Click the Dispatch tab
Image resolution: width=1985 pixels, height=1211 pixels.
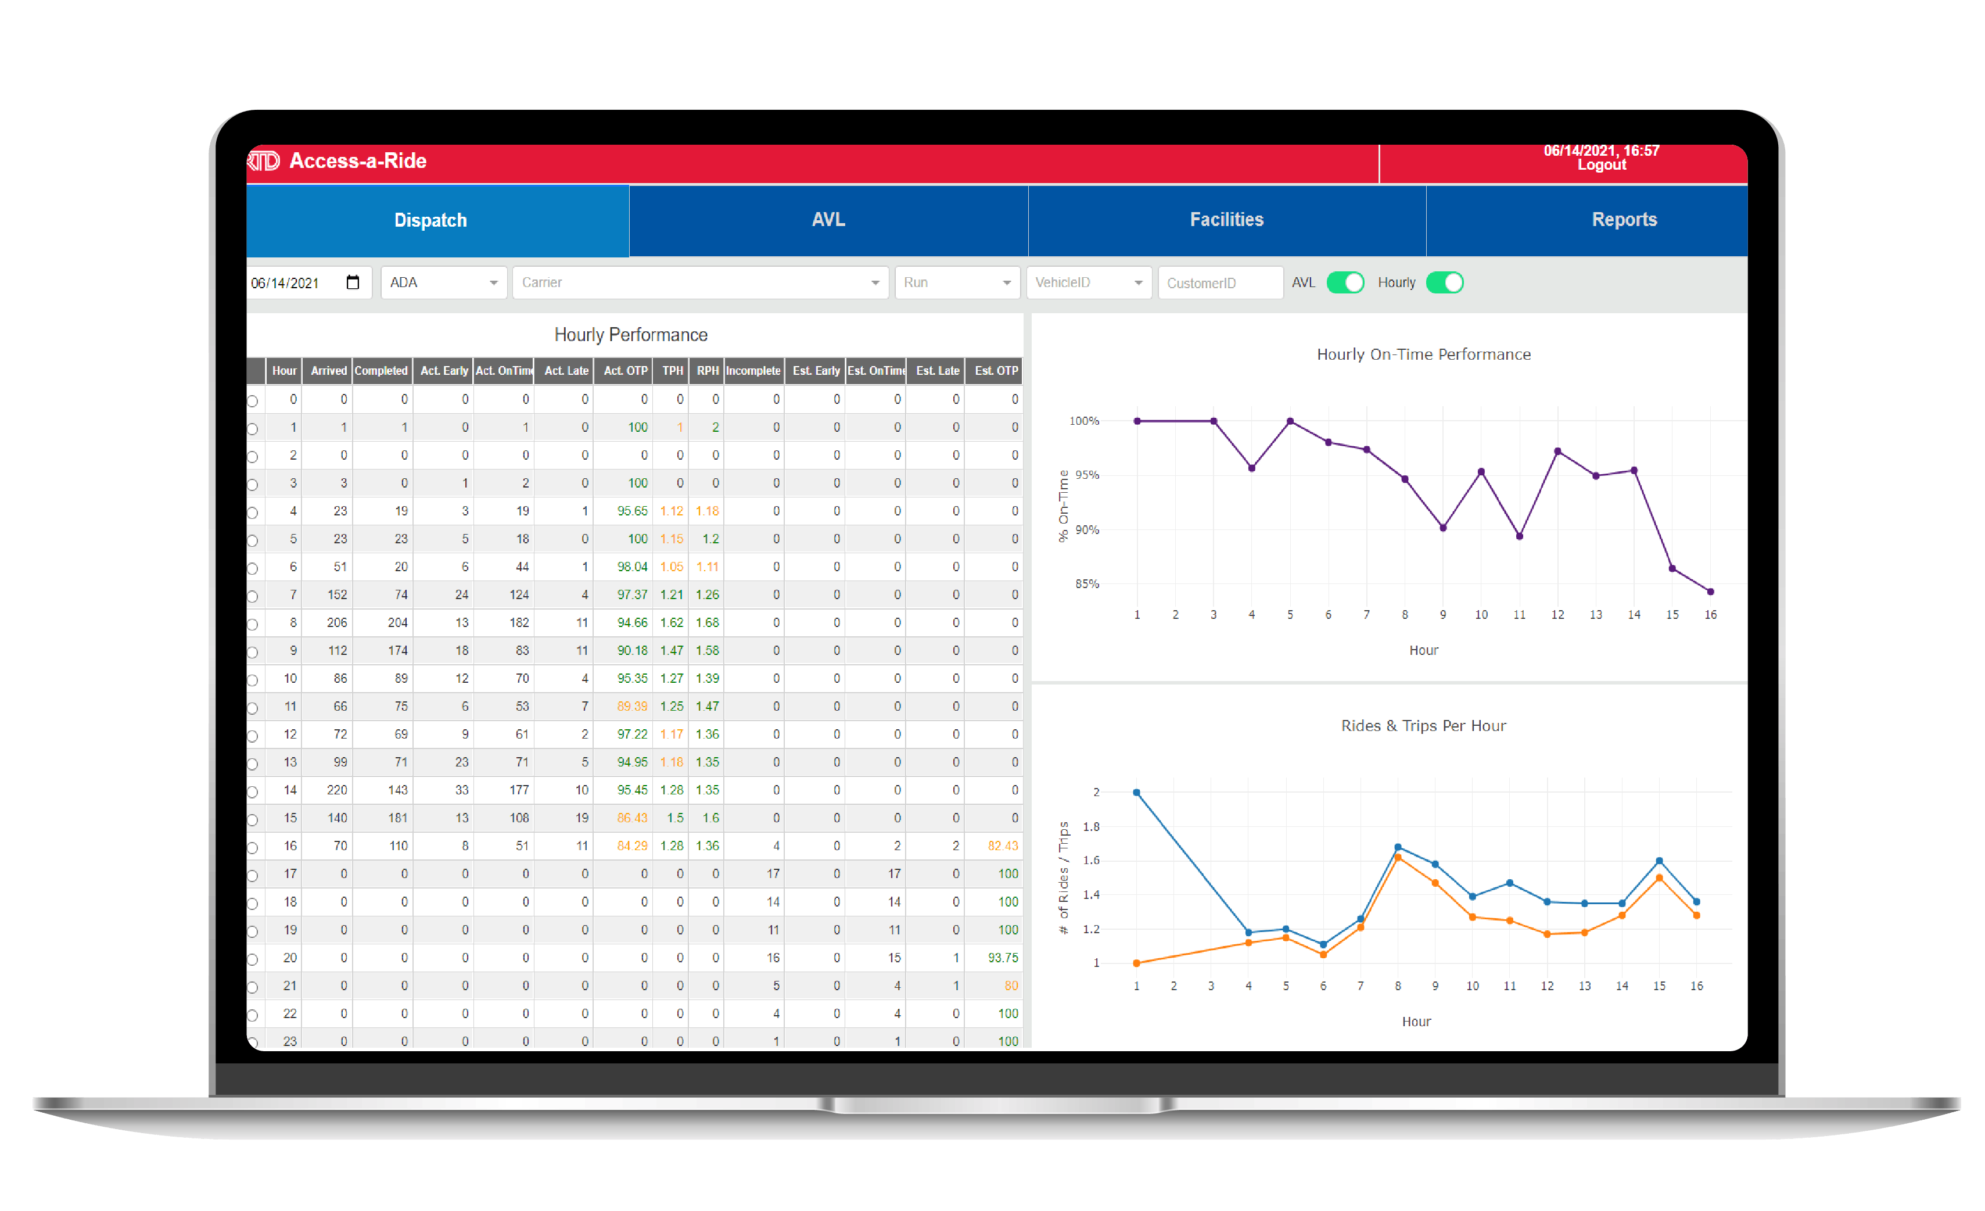tap(430, 221)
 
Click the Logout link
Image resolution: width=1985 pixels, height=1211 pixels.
tap(1601, 165)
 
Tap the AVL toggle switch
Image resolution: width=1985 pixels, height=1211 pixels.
tap(1345, 283)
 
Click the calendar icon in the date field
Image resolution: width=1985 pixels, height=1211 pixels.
tap(352, 282)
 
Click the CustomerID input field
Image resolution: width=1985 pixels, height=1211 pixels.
tap(1219, 283)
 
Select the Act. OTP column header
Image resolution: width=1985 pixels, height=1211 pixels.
tap(624, 371)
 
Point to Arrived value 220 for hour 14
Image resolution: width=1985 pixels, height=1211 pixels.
tap(337, 790)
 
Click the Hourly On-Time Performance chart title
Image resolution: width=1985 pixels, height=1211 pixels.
tap(1423, 354)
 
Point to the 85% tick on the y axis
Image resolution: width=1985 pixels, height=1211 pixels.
tap(1087, 584)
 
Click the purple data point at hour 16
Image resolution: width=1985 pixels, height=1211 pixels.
tap(1710, 592)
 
